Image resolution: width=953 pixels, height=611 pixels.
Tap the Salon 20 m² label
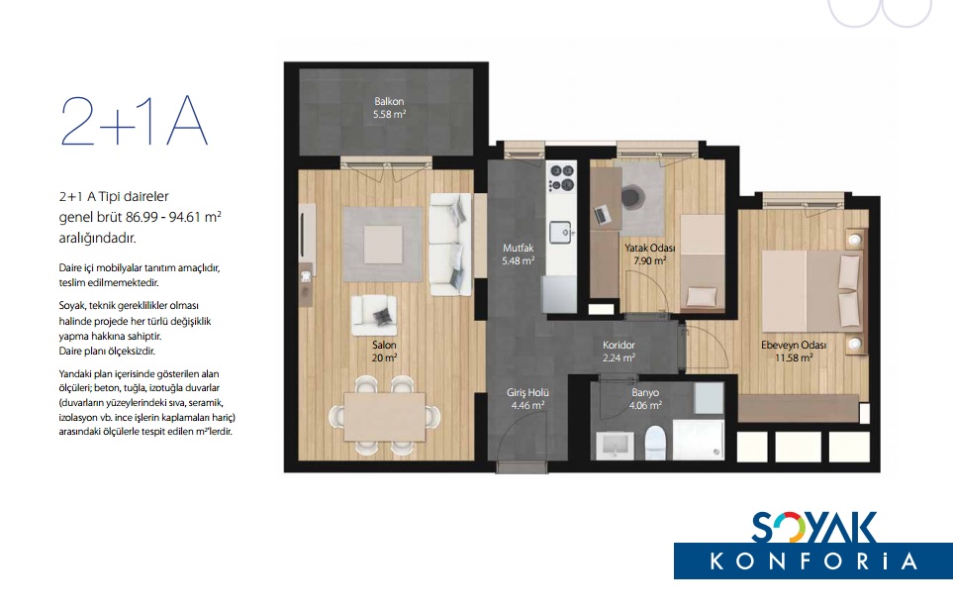pos(385,352)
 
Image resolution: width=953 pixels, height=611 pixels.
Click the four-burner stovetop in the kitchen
pos(561,177)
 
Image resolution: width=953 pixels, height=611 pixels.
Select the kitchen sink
pos(560,232)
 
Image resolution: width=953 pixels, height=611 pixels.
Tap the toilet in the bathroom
pos(655,442)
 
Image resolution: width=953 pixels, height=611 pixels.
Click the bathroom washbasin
pos(616,445)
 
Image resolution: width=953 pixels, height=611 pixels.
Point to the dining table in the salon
pos(385,417)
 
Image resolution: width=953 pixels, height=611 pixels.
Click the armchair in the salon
pos(374,316)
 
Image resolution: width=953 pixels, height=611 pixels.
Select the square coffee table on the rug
pos(383,245)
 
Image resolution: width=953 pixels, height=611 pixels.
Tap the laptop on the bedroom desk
pos(602,214)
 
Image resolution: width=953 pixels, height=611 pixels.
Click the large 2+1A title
pos(135,121)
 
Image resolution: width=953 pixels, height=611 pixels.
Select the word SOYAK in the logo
pos(814,528)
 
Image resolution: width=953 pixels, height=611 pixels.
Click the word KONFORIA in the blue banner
pos(813,560)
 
